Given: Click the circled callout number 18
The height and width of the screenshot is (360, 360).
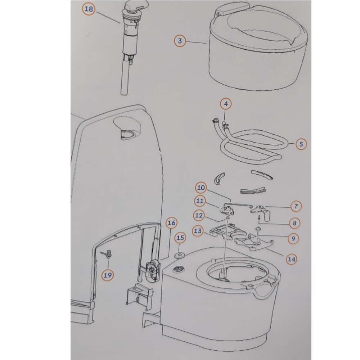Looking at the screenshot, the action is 89,9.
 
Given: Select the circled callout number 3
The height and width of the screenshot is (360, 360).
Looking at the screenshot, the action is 180,41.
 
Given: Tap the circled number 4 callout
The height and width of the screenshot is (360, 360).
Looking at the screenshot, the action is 226,104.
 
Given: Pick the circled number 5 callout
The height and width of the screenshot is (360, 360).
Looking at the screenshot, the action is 301,144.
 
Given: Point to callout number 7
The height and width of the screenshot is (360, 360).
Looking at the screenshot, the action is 296,206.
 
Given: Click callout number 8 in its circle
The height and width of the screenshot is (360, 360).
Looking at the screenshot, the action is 294,223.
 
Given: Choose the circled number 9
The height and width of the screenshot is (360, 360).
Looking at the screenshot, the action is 293,239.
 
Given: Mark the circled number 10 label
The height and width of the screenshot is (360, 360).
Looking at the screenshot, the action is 201,188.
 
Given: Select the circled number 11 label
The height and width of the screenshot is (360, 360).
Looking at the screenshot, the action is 200,201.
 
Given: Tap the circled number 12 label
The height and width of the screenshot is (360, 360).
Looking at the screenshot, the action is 199,215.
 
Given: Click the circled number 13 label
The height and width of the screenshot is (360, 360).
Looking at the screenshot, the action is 198,231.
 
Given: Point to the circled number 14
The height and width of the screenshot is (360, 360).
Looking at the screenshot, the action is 291,259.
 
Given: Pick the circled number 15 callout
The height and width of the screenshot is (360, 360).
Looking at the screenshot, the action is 180,238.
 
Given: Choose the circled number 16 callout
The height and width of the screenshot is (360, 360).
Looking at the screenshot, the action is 171,223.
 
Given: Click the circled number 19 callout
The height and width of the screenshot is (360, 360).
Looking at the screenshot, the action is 108,275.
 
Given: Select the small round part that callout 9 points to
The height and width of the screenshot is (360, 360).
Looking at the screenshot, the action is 258,228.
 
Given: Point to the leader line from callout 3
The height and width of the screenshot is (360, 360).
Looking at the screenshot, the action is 196,42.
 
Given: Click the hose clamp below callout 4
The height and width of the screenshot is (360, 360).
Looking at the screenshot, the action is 225,125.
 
